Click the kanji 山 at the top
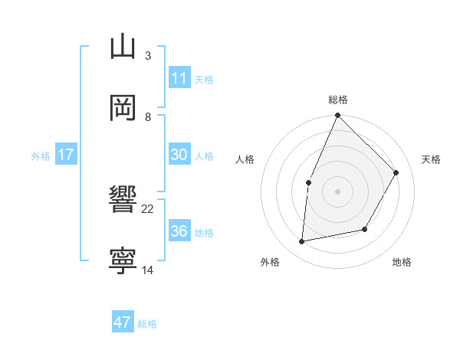point(123,47)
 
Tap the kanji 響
point(123,200)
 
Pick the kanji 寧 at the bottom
point(123,261)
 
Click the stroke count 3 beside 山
point(147,55)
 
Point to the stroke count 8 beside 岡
point(147,116)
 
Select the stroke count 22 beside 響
point(148,208)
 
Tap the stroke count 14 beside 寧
point(148,270)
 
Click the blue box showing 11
point(179,78)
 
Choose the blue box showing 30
point(179,155)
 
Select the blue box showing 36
point(179,231)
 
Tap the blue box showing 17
point(66,155)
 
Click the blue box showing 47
point(123,322)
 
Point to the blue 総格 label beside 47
point(147,324)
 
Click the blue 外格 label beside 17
point(41,156)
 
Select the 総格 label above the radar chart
point(337,100)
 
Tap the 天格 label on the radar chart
point(431,159)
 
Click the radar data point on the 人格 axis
point(308,182)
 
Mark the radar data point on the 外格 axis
point(302,242)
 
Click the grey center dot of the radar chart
point(337,191)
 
